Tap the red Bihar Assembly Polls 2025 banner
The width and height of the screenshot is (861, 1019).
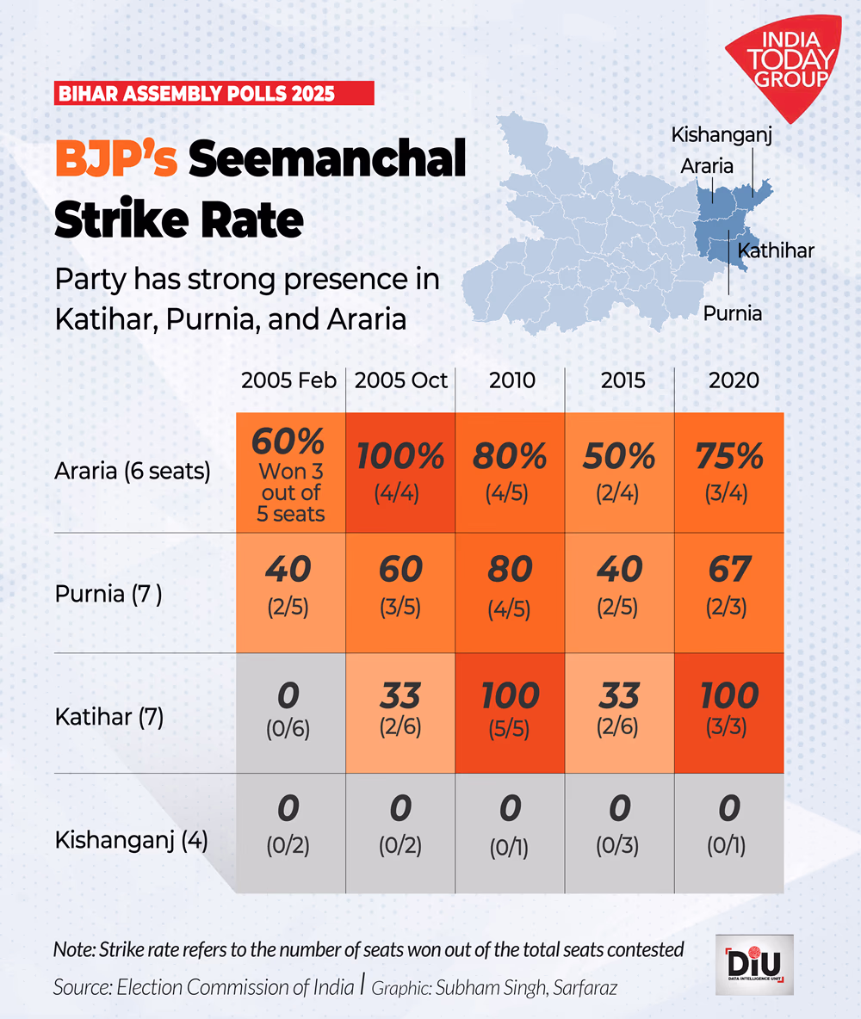[214, 93]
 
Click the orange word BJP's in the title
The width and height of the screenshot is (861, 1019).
[115, 161]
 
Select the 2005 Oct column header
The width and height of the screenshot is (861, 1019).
[401, 380]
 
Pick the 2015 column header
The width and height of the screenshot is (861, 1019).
[620, 380]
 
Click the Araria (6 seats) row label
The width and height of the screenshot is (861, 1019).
[133, 472]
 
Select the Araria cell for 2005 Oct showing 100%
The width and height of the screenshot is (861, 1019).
[401, 472]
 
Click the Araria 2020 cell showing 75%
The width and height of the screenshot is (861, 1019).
[728, 472]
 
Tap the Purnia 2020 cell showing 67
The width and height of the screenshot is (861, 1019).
[728, 592]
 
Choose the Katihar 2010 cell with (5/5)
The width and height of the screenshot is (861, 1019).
[510, 713]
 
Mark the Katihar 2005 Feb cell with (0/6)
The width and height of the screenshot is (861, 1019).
[291, 713]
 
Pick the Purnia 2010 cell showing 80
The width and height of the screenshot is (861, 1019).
[510, 592]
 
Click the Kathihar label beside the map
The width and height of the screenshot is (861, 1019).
[776, 250]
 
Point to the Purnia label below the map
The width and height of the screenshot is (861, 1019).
[733, 313]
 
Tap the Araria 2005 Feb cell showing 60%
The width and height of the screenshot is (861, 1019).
[291, 472]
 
